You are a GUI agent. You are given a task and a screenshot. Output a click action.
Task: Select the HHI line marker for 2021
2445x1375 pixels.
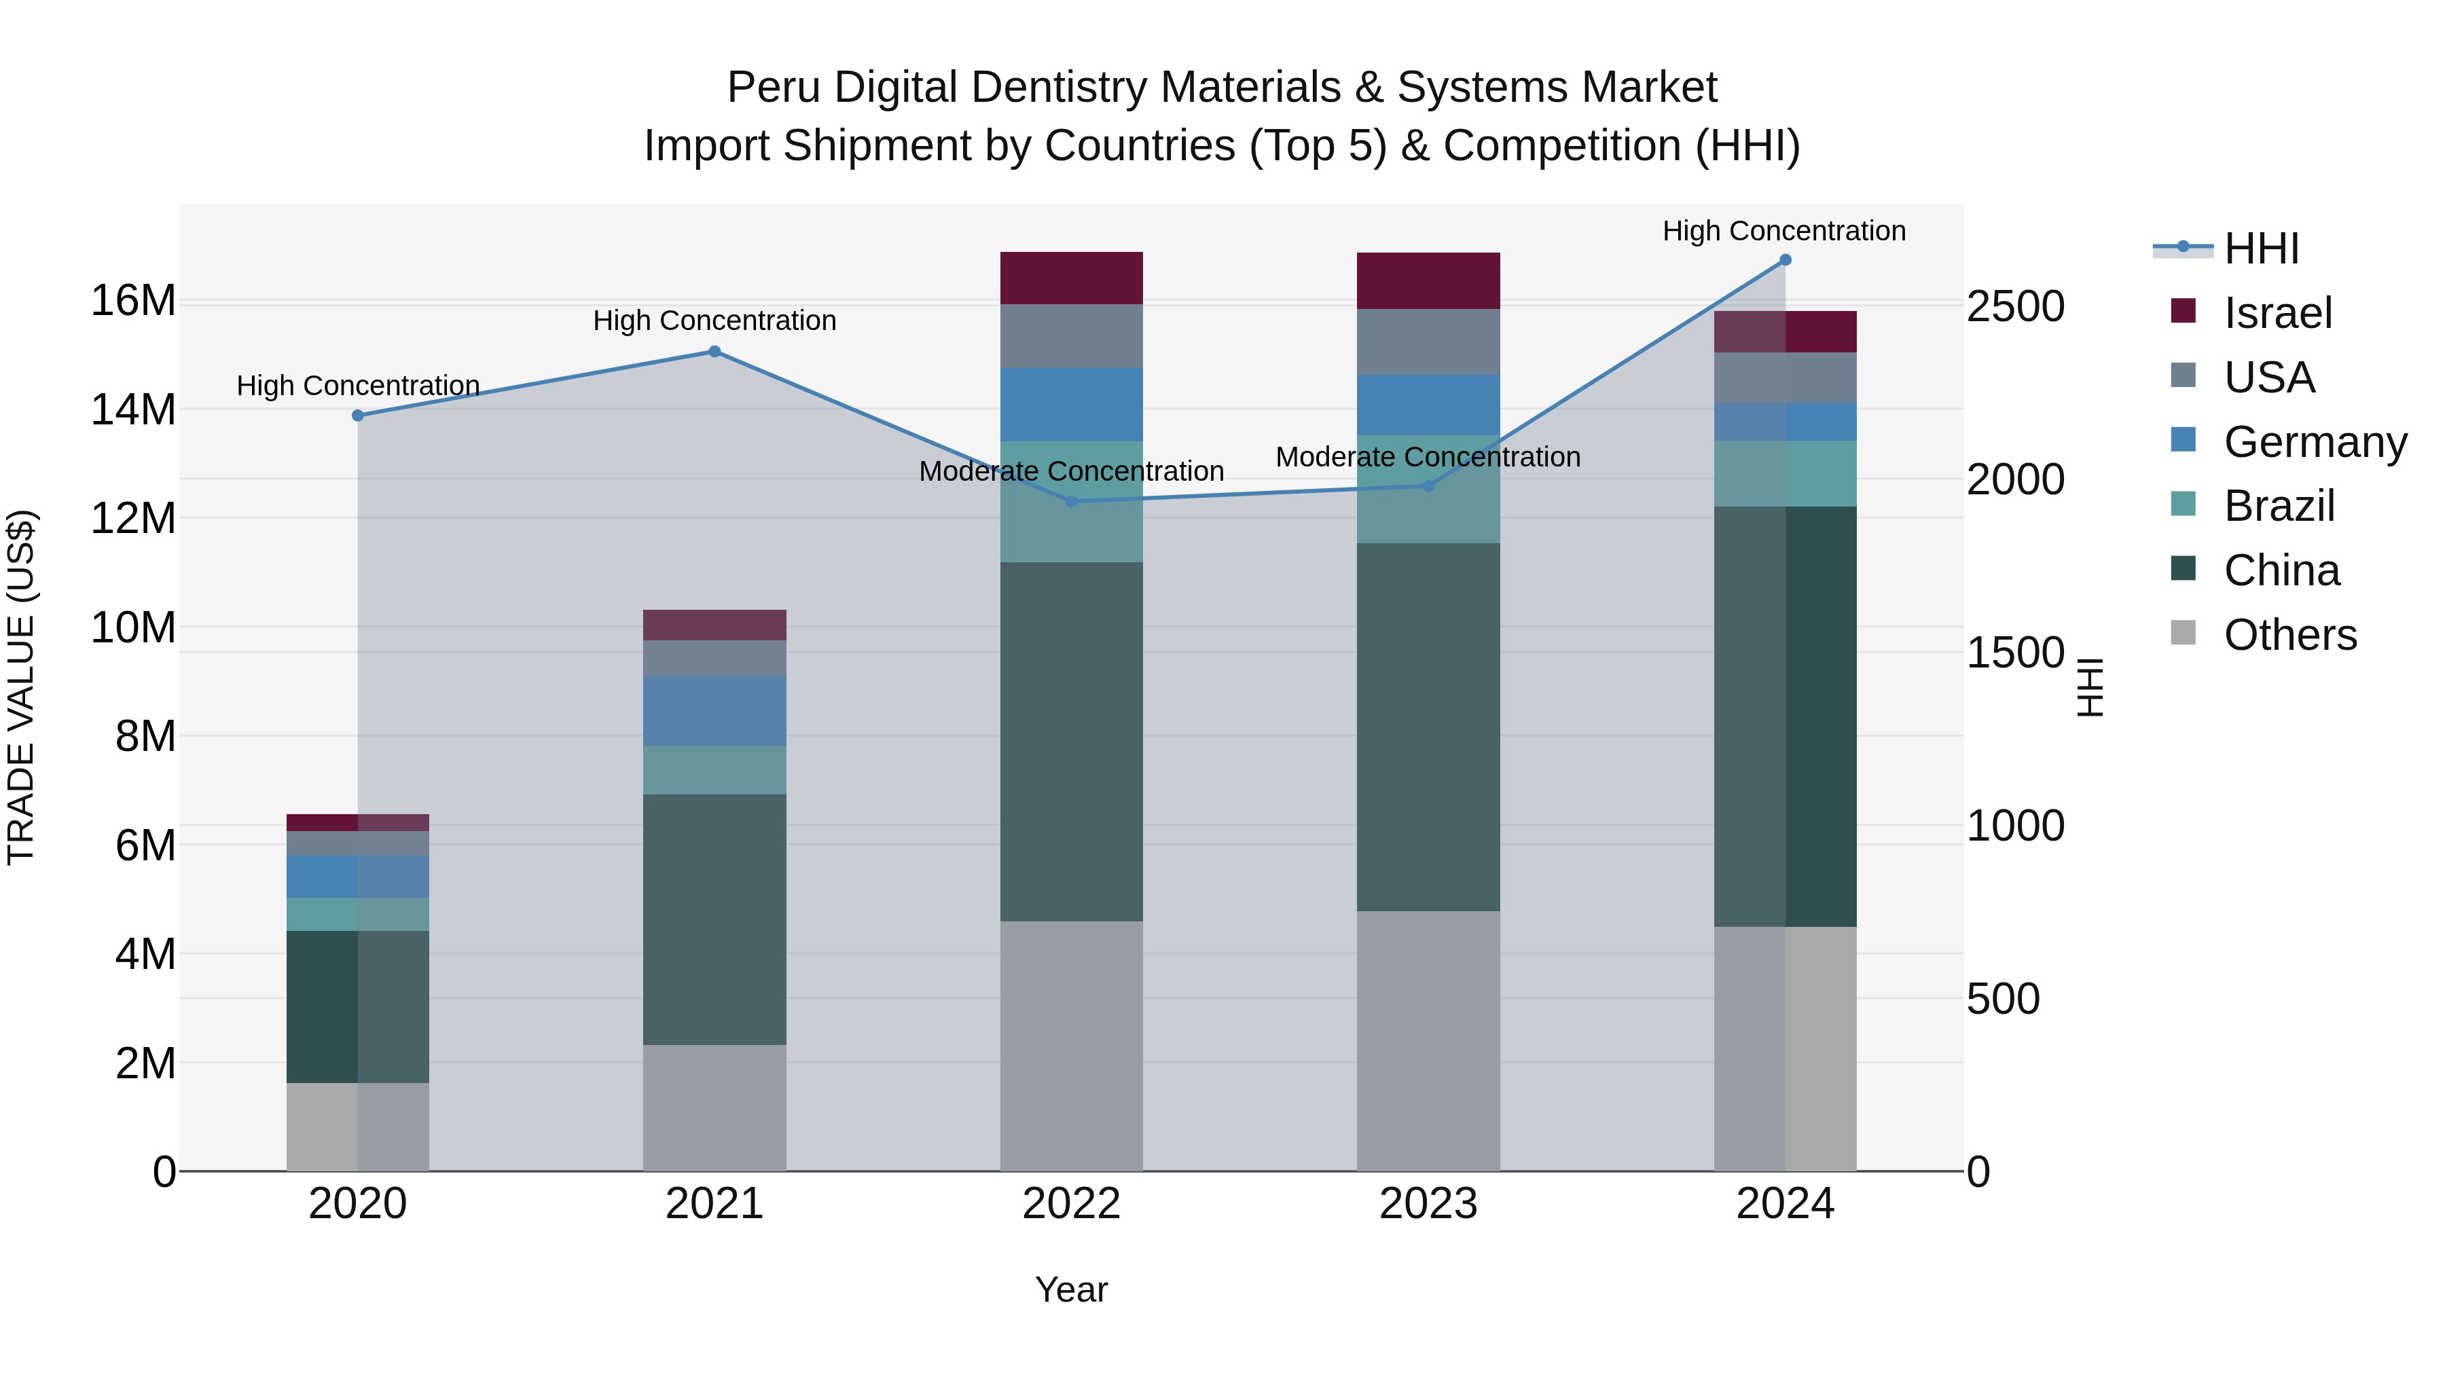coord(714,352)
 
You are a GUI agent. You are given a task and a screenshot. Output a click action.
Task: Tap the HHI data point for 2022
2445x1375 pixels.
coord(1072,501)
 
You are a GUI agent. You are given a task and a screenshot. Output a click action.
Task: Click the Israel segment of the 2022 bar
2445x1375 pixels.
coord(1072,278)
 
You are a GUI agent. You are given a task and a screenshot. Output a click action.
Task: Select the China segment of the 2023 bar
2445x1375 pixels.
coord(1428,727)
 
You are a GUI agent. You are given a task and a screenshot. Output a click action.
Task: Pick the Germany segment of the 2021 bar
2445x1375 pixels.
coord(714,711)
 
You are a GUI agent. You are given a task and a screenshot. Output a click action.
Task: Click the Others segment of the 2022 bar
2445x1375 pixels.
coord(1072,1045)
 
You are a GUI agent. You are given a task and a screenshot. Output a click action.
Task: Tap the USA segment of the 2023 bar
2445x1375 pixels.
coord(1428,342)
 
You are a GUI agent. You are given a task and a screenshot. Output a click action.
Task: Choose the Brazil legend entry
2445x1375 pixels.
coord(2278,506)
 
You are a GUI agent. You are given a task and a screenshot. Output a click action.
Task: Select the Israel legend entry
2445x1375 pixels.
coord(2276,313)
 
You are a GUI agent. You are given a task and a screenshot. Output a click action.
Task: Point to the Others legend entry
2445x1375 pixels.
coord(2288,635)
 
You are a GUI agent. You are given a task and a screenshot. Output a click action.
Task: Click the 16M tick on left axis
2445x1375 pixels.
coord(133,301)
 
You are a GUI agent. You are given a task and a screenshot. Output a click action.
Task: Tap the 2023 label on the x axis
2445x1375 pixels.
coord(1428,1204)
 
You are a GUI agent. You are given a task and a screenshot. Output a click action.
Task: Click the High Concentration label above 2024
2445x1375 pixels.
coord(1783,231)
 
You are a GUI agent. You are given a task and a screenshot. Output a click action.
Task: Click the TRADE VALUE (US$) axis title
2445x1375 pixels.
coord(21,687)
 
